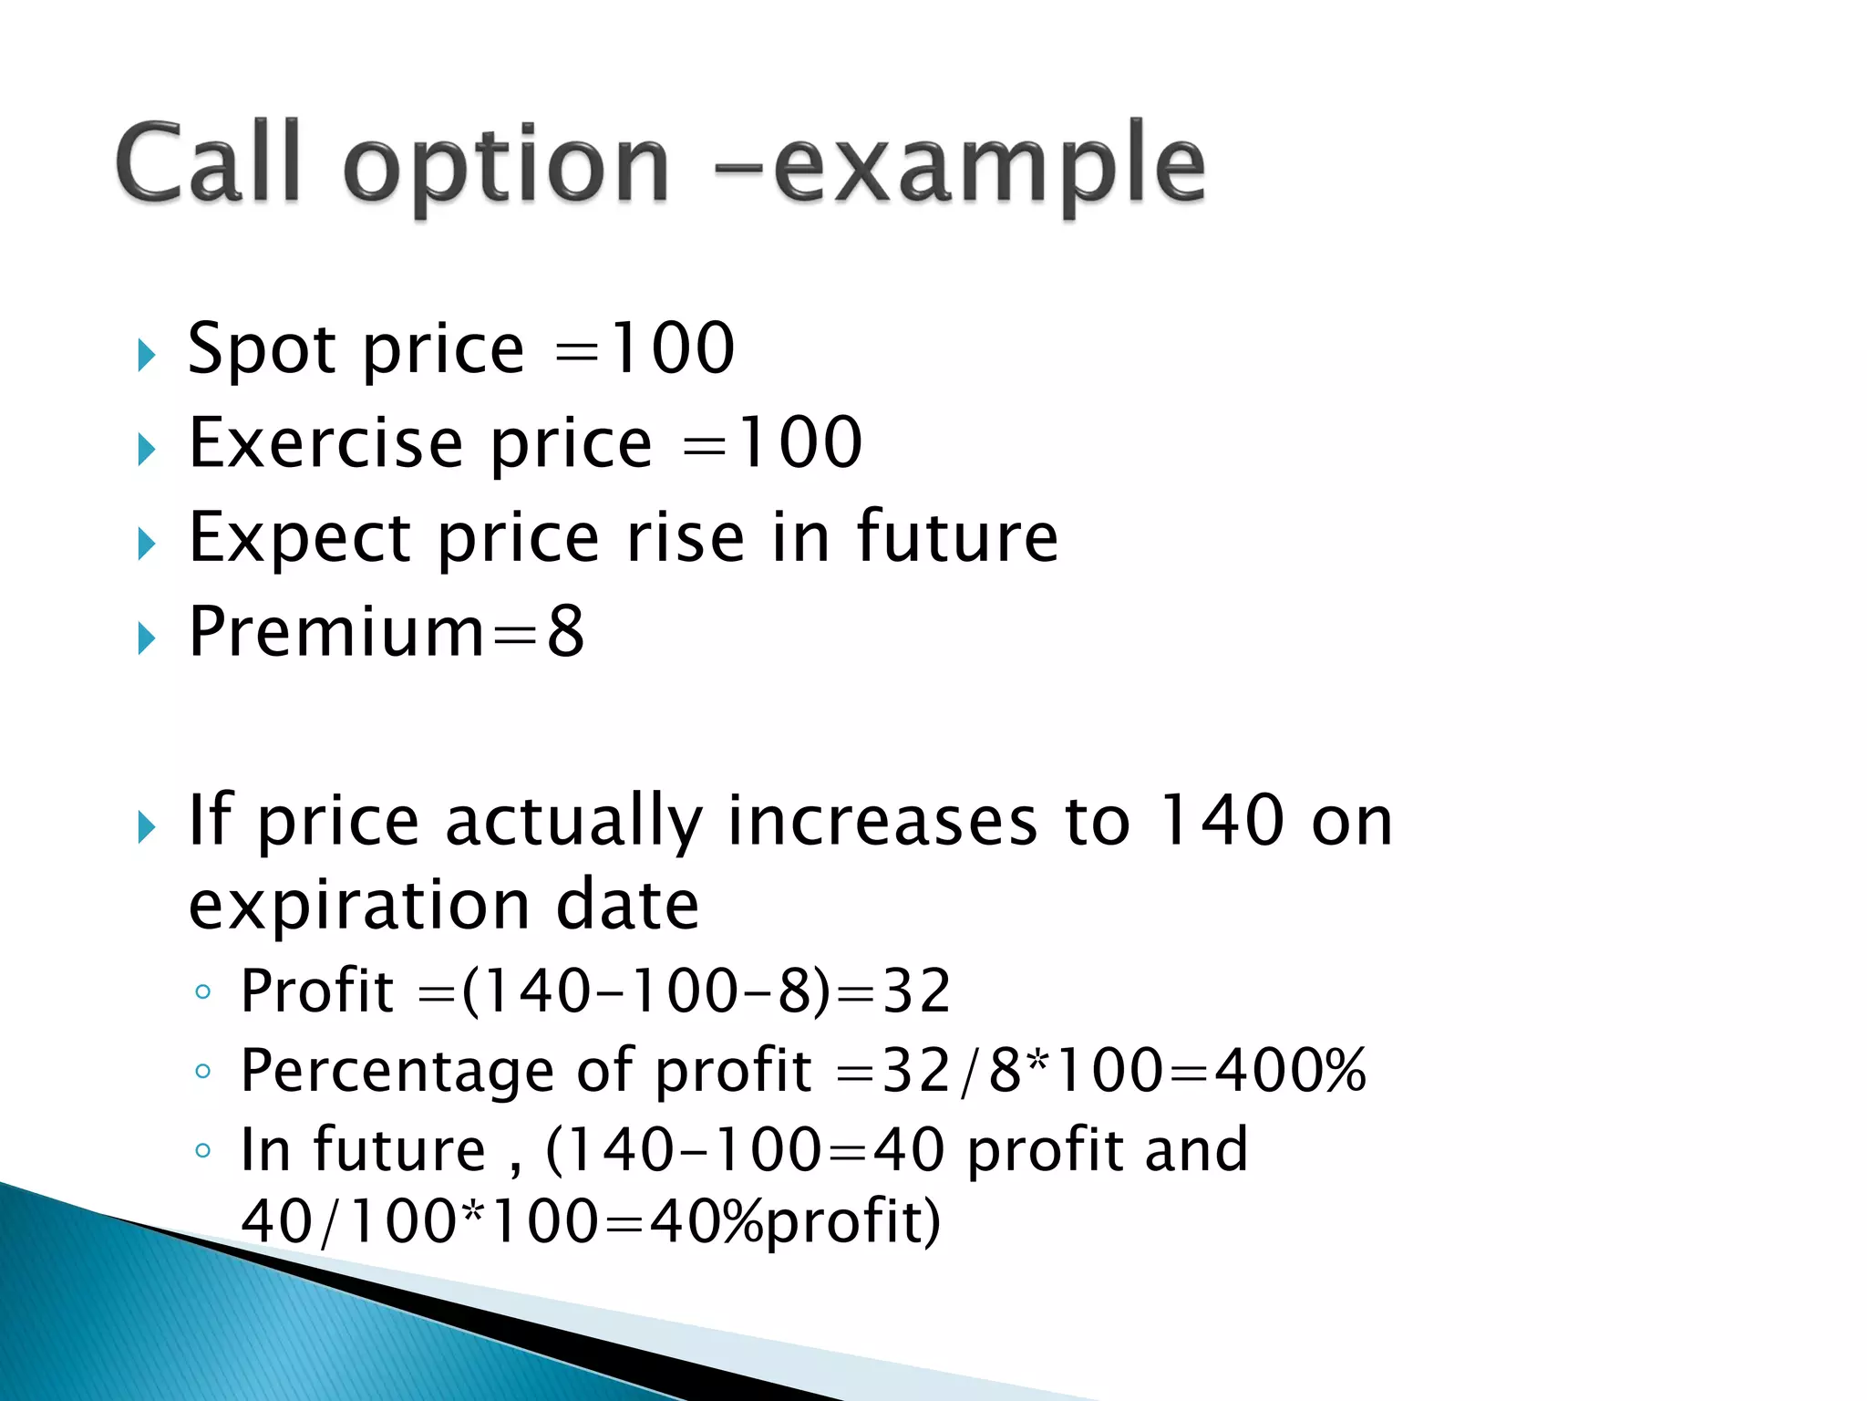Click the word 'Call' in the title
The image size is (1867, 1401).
pos(208,162)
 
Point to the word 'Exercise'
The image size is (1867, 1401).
pos(325,443)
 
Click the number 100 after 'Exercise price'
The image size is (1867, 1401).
pos(798,443)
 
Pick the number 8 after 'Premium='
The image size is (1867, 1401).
pos(565,631)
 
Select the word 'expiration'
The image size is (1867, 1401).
pos(359,907)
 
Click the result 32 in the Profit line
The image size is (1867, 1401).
pos(916,991)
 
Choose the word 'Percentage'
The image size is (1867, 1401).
pos(397,1072)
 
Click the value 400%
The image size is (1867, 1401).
pos(1291,1070)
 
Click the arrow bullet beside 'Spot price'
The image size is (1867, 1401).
pos(146,354)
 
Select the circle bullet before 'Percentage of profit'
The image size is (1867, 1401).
pos(202,1071)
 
